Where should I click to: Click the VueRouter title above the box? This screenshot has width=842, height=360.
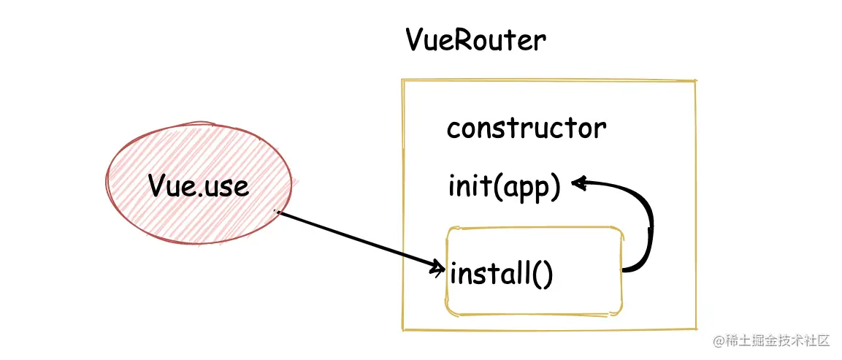pyautogui.click(x=475, y=41)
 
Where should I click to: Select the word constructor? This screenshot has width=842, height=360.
pyautogui.click(x=526, y=129)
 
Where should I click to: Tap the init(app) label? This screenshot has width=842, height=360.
pyautogui.click(x=504, y=187)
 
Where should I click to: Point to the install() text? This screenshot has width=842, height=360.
pyautogui.click(x=502, y=275)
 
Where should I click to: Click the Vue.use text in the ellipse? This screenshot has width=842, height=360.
pyautogui.click(x=198, y=185)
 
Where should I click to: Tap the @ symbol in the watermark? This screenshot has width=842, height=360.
pyautogui.click(x=719, y=341)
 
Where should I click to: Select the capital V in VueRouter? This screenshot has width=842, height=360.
pyautogui.click(x=416, y=39)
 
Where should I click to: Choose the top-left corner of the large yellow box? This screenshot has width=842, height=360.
pyautogui.click(x=402, y=80)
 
